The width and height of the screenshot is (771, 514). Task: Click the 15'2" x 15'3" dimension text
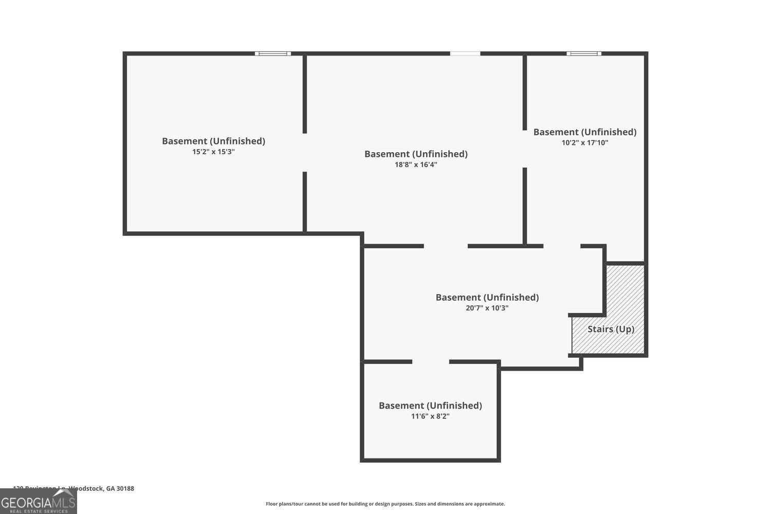(213, 152)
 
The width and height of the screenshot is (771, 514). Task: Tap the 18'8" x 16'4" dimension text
(416, 165)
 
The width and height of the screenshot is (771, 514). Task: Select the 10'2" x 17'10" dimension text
(585, 143)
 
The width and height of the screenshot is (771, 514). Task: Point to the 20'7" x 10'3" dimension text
(487, 308)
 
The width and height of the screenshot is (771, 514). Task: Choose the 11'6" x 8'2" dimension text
(430, 416)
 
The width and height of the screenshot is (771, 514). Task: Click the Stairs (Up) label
(611, 329)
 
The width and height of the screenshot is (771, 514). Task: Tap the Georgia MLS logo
(38, 501)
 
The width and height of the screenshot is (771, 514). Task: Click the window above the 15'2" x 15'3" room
(273, 53)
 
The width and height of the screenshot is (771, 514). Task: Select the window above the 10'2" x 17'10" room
(584, 53)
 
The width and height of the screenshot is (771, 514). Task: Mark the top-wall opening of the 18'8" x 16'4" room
(465, 53)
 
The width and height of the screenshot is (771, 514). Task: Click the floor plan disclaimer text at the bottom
(385, 504)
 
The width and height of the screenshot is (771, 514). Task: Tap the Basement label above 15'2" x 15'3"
(213, 141)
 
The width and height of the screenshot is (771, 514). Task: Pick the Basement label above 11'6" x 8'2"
(430, 406)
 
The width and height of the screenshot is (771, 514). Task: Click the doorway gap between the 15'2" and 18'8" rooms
(305, 153)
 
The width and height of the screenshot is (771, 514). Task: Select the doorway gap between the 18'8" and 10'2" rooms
(525, 149)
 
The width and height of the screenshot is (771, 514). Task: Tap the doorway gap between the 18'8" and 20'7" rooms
(446, 246)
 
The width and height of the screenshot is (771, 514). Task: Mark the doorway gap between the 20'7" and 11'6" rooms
(431, 362)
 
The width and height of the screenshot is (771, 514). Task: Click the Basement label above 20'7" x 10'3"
(487, 297)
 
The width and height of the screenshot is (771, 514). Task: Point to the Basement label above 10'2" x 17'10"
(585, 132)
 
